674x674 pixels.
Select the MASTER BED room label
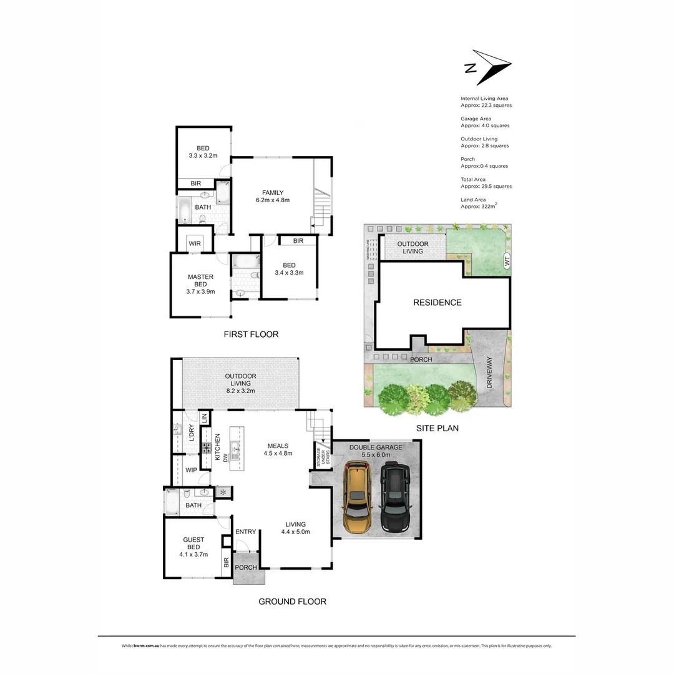[200, 284]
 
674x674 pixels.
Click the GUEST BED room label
[193, 547]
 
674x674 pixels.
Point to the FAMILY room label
[273, 196]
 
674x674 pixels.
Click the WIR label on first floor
[195, 243]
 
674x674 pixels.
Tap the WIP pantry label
[192, 471]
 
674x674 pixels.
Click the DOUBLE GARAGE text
[376, 447]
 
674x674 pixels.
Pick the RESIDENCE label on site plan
[437, 303]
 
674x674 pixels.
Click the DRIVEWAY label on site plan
[489, 373]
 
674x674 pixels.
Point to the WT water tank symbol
[507, 263]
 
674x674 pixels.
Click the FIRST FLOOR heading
[251, 335]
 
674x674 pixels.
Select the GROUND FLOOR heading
[292, 602]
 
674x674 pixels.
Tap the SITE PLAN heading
[437, 428]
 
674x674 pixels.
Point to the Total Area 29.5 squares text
[484, 183]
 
